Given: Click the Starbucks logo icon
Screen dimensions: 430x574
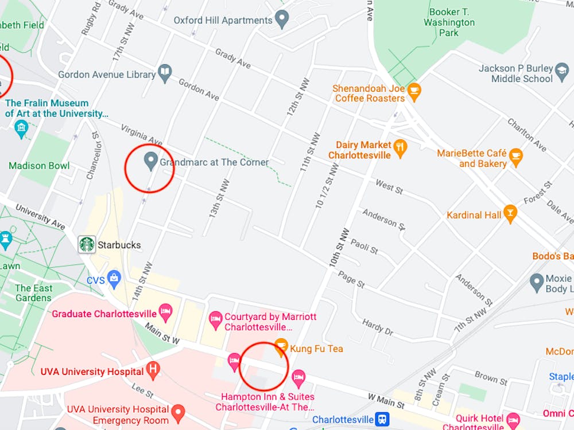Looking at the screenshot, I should pos(87,244).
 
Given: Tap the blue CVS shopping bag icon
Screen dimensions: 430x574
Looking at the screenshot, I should pos(114,280).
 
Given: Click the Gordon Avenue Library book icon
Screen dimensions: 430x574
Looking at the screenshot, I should pos(165,73).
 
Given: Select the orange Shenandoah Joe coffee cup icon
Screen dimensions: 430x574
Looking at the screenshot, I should pos(414,91).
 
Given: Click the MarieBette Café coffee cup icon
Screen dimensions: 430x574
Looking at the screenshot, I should pos(516,157).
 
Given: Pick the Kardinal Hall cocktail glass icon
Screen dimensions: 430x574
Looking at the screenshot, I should pos(510,214).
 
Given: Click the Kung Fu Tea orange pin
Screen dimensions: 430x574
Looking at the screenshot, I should pos(281,346).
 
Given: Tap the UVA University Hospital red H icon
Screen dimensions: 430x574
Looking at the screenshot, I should pos(153,370).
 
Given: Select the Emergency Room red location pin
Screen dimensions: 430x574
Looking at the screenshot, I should pos(179,412).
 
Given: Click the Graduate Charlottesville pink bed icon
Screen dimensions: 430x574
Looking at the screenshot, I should pos(166,313).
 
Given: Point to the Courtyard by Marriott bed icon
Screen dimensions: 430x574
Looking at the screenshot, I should pos(216,320).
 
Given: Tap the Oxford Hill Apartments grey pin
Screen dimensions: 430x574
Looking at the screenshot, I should pos(281,20).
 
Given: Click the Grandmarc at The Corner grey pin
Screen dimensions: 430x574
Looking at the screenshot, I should pos(150,161).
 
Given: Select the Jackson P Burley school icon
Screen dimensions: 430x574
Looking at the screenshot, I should pos(562,69).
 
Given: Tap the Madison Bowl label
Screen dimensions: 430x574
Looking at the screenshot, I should pos(39,166).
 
